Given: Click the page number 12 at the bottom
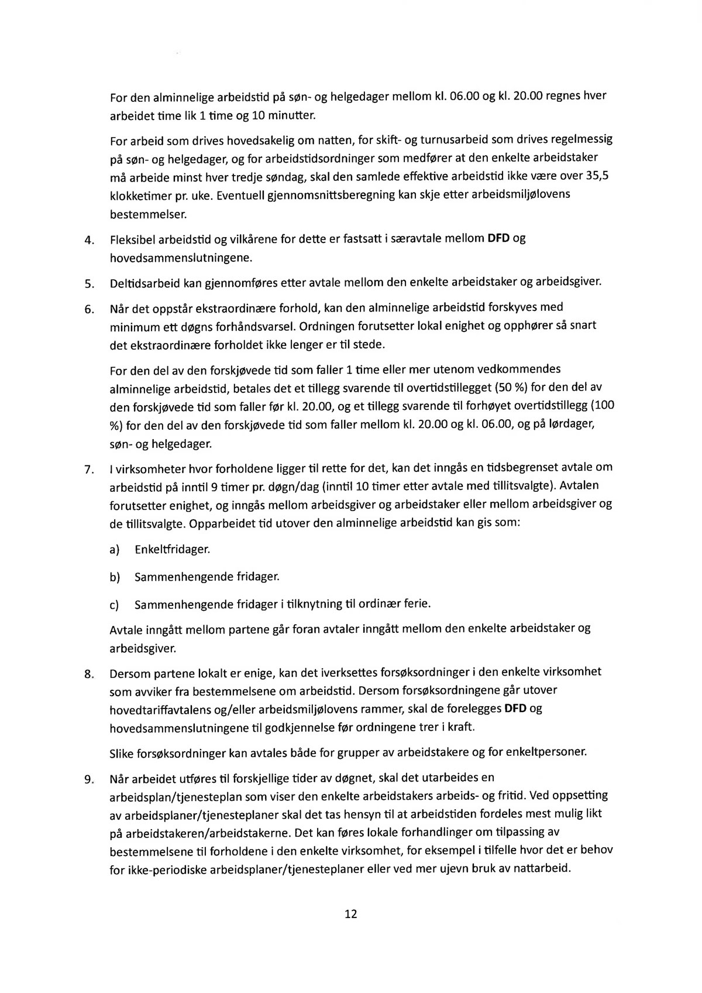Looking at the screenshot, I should click(351, 915).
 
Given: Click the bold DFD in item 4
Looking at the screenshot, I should click(499, 239).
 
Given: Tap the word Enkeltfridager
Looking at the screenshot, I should click(171, 550).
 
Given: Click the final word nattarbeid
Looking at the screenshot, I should click(541, 868).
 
